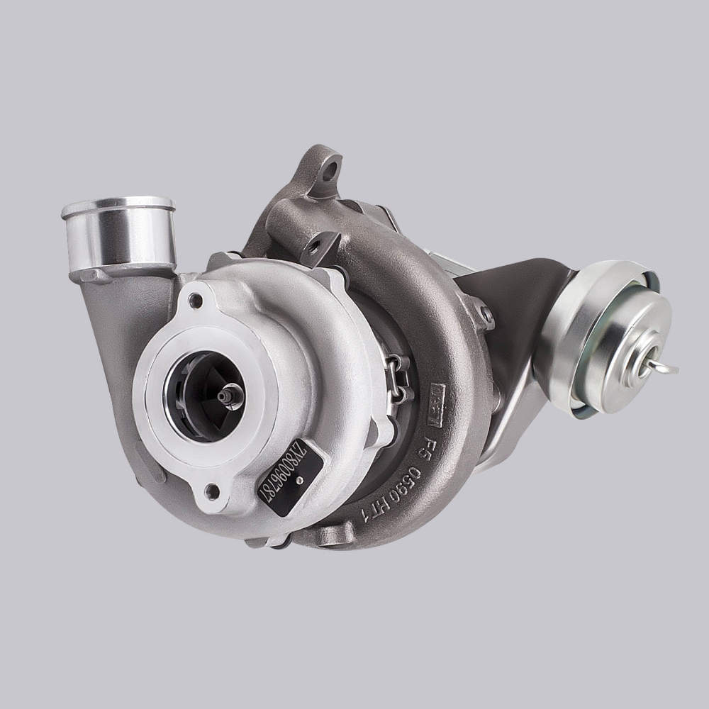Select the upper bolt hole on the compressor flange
pos(195,301)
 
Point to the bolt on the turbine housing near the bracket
pos(486,315)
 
